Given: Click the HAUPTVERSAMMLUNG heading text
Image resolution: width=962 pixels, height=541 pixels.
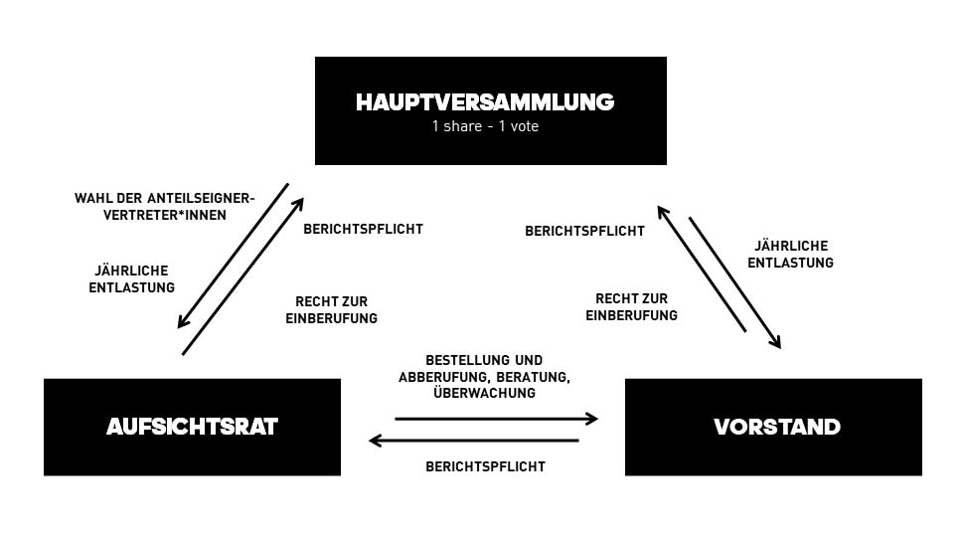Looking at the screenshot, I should click(485, 102).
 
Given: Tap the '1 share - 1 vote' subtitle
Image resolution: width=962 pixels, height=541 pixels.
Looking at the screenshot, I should click(485, 126).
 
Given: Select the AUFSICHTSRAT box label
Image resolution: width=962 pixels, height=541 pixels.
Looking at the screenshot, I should click(192, 428).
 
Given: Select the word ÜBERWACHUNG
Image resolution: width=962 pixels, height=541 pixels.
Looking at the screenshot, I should click(484, 393).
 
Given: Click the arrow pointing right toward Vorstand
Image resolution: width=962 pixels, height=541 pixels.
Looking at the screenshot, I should click(496, 419).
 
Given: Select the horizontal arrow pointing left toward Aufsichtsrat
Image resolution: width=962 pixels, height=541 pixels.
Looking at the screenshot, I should click(473, 440).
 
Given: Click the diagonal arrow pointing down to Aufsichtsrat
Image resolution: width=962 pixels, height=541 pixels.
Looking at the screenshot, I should click(233, 256).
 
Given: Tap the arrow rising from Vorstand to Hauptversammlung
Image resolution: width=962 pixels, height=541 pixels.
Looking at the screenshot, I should click(701, 268).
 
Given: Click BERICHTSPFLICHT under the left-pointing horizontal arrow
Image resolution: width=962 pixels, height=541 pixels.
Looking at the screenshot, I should click(485, 466).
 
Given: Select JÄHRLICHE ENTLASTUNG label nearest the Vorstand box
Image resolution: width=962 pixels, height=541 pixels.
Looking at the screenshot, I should click(790, 255).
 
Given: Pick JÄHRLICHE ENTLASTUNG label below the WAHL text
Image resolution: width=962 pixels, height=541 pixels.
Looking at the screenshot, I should click(131, 279).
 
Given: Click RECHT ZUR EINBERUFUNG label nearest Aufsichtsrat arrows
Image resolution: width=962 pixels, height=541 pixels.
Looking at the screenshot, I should click(336, 310).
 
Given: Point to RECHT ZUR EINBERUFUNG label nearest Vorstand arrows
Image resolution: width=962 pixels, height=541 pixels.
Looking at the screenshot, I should click(631, 307).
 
